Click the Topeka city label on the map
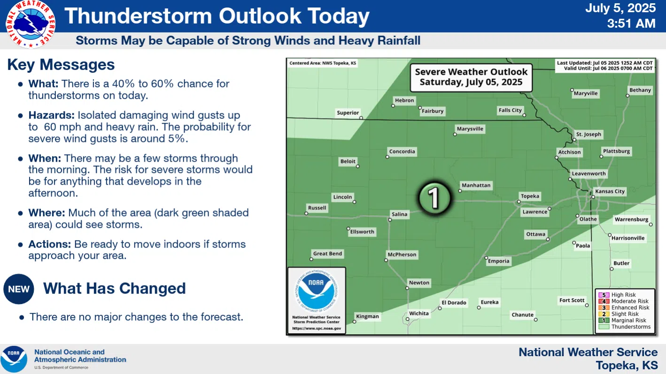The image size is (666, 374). pyautogui.click(x=530, y=196)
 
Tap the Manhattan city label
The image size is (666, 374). pyautogui.click(x=476, y=185)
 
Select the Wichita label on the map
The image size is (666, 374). pyautogui.click(x=418, y=313)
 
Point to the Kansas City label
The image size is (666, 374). pyautogui.click(x=610, y=191)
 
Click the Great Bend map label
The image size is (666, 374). pyautogui.click(x=327, y=254)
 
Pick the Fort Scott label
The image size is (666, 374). pyautogui.click(x=572, y=300)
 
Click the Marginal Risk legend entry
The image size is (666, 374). pyautogui.click(x=628, y=320)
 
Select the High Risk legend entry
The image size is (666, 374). pyautogui.click(x=623, y=295)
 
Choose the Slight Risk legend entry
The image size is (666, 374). pyautogui.click(x=625, y=314)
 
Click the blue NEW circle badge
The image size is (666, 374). pyautogui.click(x=19, y=289)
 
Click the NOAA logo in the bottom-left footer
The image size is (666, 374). pyautogui.click(x=14, y=359)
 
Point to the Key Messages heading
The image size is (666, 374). pyautogui.click(x=61, y=65)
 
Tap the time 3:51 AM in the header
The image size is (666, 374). pyautogui.click(x=631, y=23)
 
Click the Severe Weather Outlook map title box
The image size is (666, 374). pyautogui.click(x=471, y=77)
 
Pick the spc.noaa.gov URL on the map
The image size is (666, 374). pyautogui.click(x=316, y=328)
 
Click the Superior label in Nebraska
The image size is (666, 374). pyautogui.click(x=348, y=113)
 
